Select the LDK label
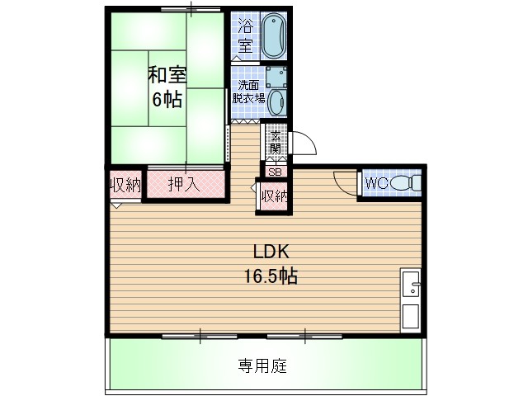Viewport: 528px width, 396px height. coord(270,252)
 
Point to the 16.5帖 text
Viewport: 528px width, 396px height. coord(270,276)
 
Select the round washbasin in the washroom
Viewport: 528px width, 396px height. coord(277,101)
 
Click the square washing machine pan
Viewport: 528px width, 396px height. coord(276,77)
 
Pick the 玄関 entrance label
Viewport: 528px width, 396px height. coord(275,142)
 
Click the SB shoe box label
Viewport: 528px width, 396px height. coord(275,172)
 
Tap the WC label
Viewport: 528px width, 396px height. coord(376,182)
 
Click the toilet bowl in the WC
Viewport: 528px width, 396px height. coord(404,182)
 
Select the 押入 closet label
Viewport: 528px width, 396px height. coord(184,185)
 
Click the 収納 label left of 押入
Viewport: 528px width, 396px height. coord(125,184)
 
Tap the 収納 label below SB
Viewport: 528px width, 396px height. coord(275,196)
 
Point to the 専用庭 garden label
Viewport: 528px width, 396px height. coord(263,365)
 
